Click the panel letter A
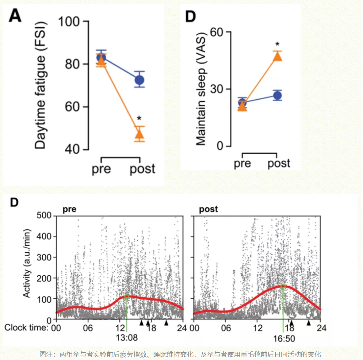(15, 16)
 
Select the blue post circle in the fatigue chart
(139, 80)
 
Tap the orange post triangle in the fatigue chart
(139, 135)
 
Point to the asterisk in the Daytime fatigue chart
(139, 118)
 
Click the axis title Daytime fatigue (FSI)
(40, 86)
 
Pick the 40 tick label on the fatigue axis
(72, 149)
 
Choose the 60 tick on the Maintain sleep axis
(217, 32)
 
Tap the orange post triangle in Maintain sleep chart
(277, 56)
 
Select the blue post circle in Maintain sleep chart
(277, 96)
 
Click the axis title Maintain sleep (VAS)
(201, 89)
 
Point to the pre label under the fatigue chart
(101, 169)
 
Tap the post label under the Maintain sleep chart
(279, 163)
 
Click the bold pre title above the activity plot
(70, 209)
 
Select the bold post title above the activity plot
(208, 209)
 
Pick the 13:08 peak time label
(127, 338)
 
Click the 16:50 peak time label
(284, 339)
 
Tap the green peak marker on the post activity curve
(283, 286)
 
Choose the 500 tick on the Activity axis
(44, 215)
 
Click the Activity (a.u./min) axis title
(27, 263)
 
